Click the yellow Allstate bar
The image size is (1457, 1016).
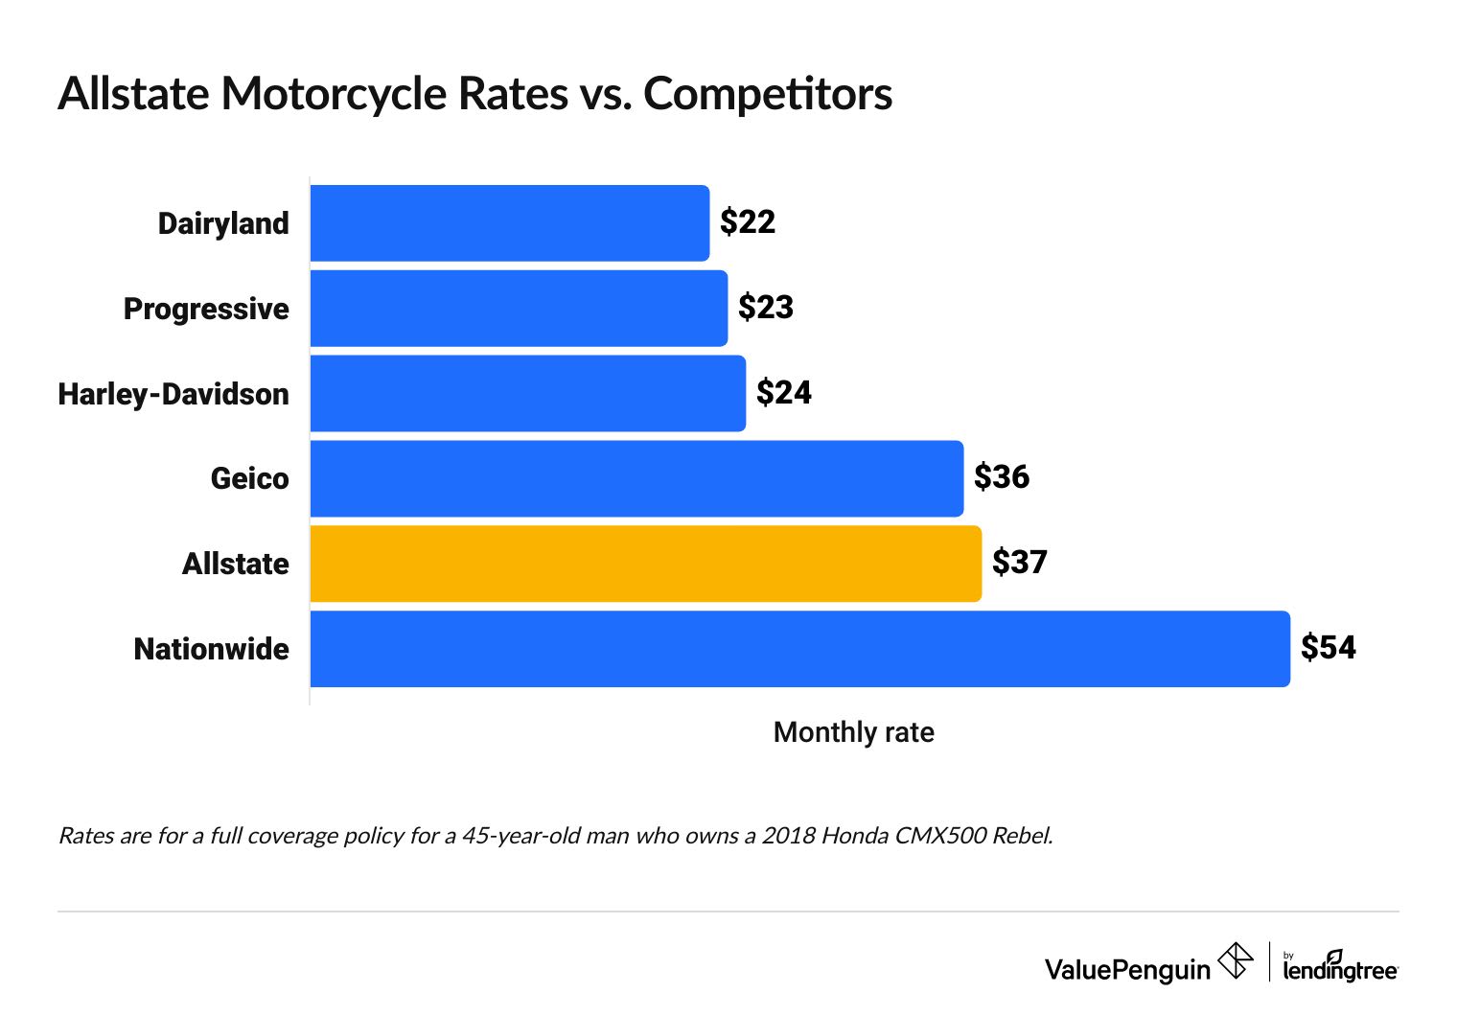pos(645,564)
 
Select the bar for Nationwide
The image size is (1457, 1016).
pos(799,649)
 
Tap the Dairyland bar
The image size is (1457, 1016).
pos(509,223)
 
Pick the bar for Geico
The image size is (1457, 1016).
pos(636,478)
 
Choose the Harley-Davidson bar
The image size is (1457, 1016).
pos(527,393)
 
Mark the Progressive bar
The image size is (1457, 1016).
pos(519,309)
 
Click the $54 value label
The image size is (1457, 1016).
pos(1328,648)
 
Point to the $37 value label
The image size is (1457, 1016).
pos(1019,562)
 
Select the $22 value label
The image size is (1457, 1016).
pos(747,222)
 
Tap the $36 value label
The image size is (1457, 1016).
pos(1001,477)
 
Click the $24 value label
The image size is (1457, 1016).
pos(783,392)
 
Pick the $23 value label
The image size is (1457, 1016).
pos(765,308)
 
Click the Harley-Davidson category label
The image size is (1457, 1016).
pos(173,394)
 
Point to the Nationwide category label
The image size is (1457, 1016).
pos(211,649)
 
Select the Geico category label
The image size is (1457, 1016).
pos(249,478)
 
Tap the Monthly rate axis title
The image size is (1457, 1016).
pos(853,732)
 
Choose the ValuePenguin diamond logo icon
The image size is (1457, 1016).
pos(1236,960)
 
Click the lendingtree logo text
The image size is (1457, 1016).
pos(1340,969)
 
